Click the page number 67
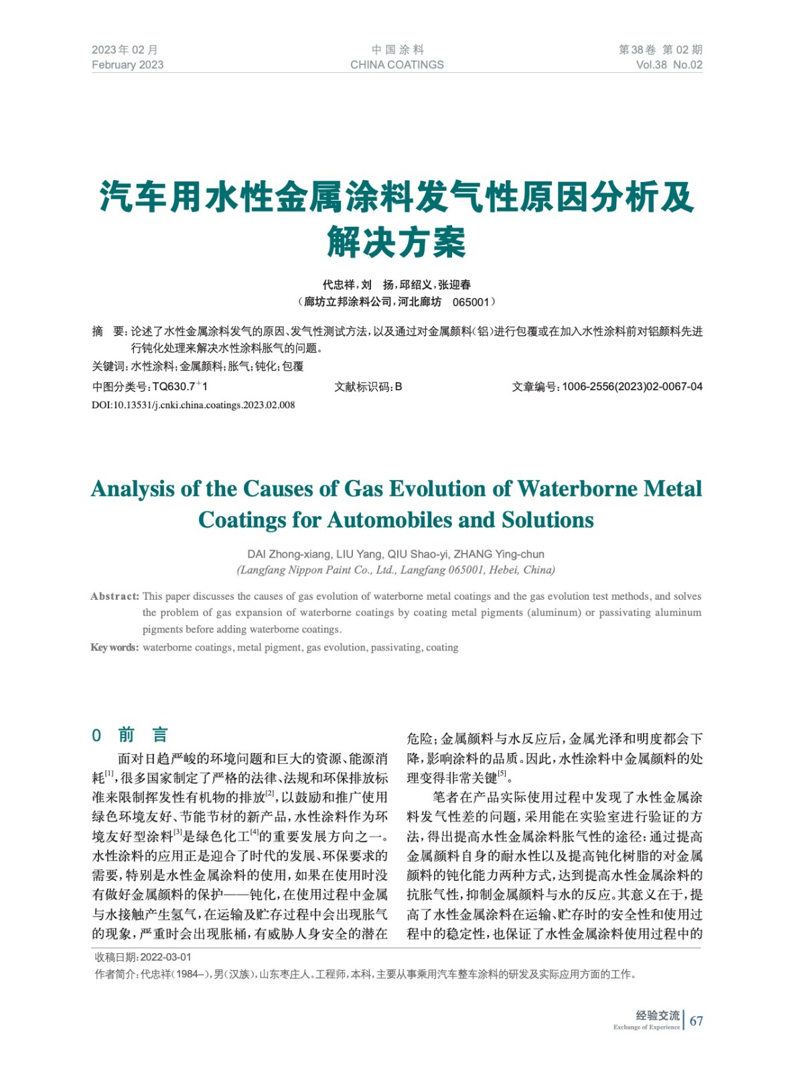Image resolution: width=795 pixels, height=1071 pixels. coord(697,1021)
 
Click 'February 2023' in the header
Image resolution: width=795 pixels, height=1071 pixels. coord(127,65)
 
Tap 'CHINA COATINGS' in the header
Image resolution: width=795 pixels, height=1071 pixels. coord(396,65)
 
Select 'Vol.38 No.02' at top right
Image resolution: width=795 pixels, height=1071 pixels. coord(668,65)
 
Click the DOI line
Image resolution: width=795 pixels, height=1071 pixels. coord(193,405)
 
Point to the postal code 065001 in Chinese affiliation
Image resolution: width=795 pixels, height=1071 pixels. coord(470,302)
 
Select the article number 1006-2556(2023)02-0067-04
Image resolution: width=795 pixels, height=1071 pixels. coord(632,386)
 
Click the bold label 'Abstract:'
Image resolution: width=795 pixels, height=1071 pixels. coord(115,596)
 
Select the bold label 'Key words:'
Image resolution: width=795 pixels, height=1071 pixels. coord(115,647)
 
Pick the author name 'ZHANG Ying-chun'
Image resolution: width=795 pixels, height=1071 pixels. coord(499,554)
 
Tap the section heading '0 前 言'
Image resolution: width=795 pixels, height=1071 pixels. coord(130,735)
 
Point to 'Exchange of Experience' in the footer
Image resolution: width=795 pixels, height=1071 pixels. coord(646,1027)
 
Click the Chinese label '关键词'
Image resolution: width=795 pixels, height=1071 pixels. coord(108,366)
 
